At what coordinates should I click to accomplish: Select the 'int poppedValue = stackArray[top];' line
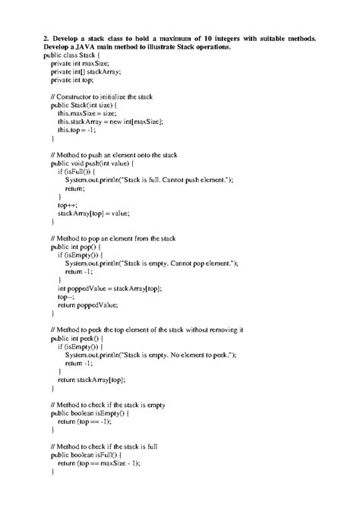click(110, 289)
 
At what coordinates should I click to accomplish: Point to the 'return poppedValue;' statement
click(88, 305)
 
